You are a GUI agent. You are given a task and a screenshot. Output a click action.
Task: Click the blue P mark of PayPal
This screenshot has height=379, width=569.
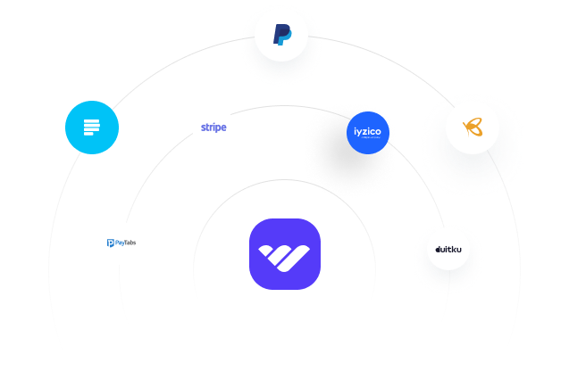click(x=281, y=36)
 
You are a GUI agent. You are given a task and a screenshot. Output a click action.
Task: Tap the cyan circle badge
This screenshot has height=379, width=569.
click(x=92, y=128)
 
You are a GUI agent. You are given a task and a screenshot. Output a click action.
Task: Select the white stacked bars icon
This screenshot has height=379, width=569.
click(x=92, y=128)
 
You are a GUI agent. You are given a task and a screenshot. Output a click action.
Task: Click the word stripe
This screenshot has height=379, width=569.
click(x=213, y=128)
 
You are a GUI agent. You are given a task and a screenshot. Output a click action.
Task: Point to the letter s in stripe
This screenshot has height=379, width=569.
click(x=204, y=128)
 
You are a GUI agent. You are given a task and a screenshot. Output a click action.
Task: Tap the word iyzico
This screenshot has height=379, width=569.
click(x=369, y=131)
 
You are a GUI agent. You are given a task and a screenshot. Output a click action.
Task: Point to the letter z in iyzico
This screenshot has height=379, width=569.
click(x=367, y=131)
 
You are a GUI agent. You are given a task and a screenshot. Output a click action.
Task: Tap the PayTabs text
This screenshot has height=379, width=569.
click(x=125, y=243)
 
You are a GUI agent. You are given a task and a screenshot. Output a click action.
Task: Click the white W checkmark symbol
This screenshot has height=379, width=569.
click(x=285, y=255)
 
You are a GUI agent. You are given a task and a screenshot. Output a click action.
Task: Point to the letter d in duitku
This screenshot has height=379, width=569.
click(x=438, y=251)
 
